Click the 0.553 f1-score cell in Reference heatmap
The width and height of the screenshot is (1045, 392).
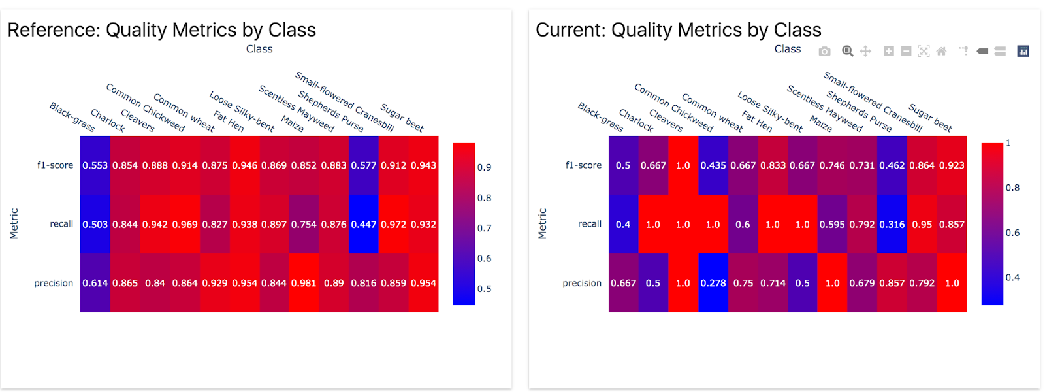click(95, 165)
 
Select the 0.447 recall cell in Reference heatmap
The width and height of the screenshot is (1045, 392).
click(364, 224)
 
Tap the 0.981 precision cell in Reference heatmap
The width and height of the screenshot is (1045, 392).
click(304, 283)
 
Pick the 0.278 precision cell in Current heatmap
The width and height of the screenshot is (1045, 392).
click(713, 283)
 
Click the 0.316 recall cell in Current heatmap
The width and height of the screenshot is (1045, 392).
click(892, 224)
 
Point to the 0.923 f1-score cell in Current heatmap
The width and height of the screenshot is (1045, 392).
click(952, 165)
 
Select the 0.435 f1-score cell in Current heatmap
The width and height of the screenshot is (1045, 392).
click(713, 165)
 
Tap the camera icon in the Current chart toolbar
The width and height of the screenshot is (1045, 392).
click(825, 51)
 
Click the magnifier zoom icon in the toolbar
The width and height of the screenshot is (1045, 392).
click(848, 51)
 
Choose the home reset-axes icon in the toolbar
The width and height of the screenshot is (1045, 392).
click(941, 51)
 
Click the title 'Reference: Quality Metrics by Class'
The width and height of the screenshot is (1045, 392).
click(162, 30)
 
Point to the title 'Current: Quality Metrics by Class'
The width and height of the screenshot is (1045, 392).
click(679, 30)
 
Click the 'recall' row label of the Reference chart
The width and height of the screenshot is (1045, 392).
click(61, 224)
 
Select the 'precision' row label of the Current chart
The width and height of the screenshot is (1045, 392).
click(582, 283)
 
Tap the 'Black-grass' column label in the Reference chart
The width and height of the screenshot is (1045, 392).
click(72, 117)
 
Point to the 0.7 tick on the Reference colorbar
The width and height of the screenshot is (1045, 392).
click(484, 228)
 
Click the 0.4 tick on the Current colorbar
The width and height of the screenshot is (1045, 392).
click(1012, 278)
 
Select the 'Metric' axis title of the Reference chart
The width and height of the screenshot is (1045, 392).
click(14, 223)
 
